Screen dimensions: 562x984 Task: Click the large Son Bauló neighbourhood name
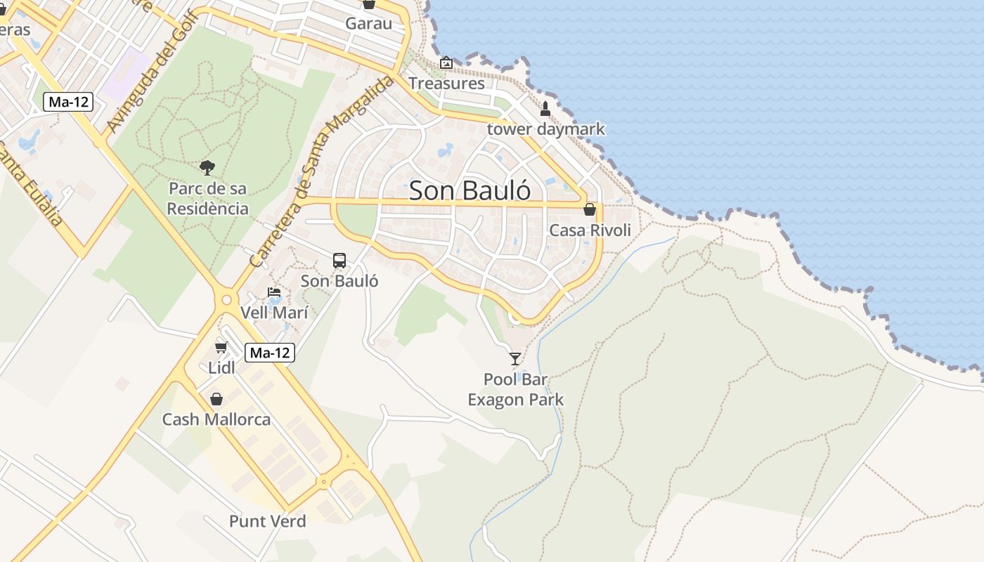tap(470, 190)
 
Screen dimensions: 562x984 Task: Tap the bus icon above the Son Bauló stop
tap(339, 261)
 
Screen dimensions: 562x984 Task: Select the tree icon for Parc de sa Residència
tap(207, 167)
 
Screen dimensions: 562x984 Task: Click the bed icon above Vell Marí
tap(274, 292)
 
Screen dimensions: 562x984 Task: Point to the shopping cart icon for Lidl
tap(221, 347)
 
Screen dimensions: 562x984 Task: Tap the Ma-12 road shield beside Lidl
tap(270, 353)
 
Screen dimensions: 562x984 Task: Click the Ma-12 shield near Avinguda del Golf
tap(68, 102)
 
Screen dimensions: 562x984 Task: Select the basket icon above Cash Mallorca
tap(216, 399)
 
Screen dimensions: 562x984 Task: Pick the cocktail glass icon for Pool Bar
tap(515, 359)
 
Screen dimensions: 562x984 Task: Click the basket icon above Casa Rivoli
tap(590, 209)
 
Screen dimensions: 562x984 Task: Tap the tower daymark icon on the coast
tap(545, 109)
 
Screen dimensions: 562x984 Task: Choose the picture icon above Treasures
tap(446, 63)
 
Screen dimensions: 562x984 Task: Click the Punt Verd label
tap(268, 521)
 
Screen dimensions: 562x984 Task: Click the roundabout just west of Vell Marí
tap(226, 300)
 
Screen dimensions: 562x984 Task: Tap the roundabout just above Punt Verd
tap(323, 481)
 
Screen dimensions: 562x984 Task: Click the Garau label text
tap(368, 23)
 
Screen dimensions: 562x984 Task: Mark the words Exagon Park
tap(515, 400)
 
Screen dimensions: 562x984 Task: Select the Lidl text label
tap(221, 367)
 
